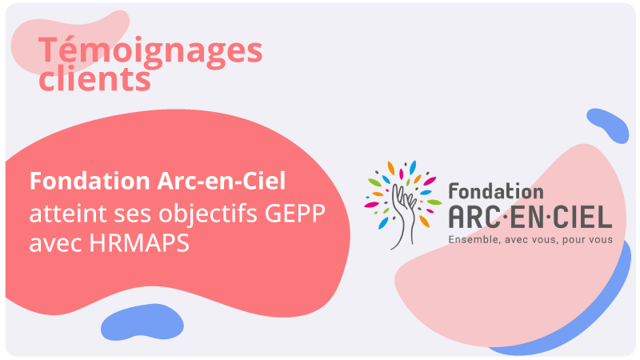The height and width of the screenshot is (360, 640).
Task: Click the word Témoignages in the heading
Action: (x=150, y=50)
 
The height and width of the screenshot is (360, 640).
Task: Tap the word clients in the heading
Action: (x=94, y=79)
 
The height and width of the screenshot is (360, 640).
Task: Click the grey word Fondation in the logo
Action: (x=495, y=191)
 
